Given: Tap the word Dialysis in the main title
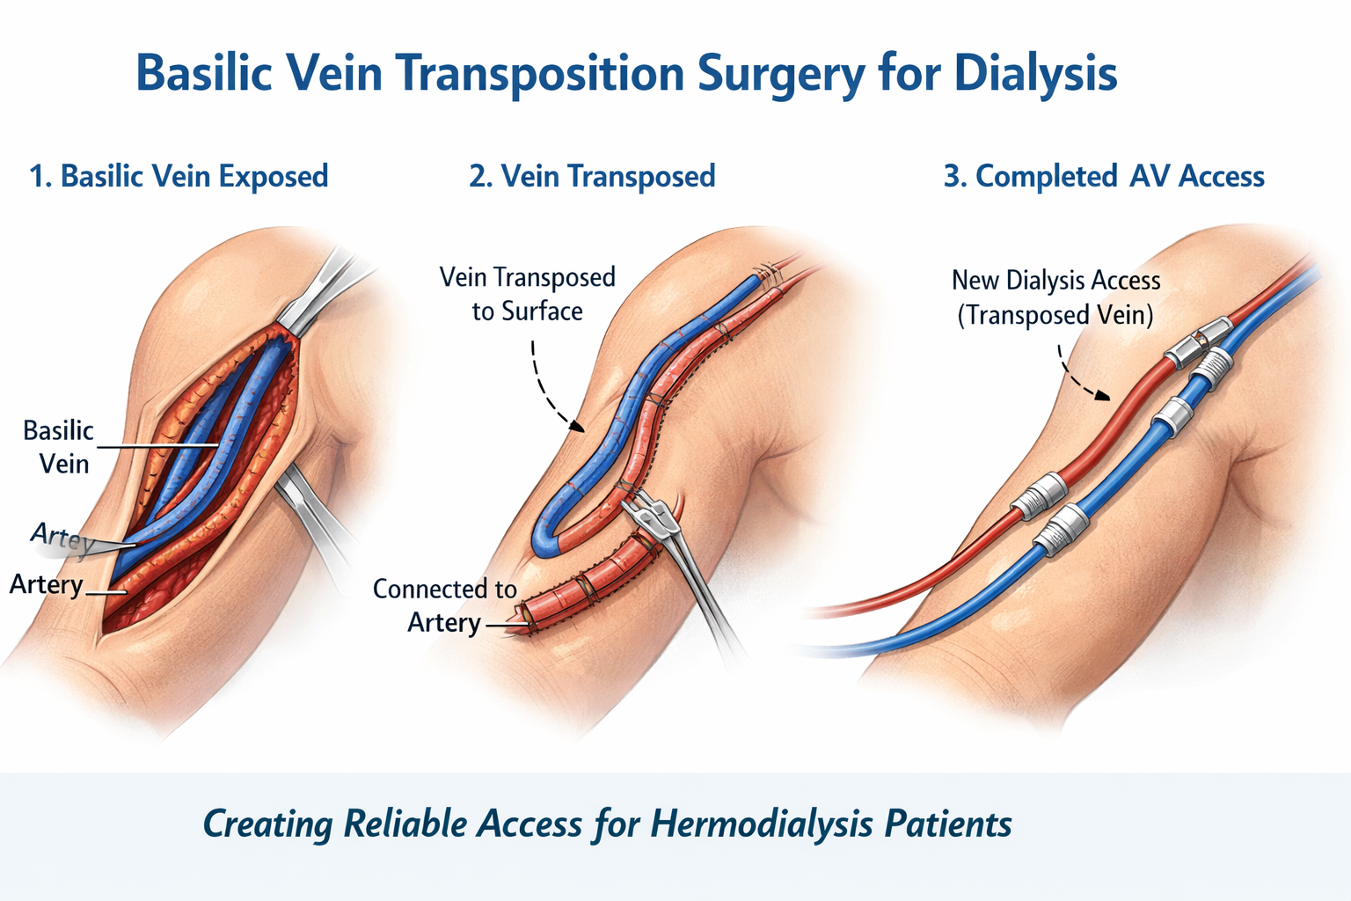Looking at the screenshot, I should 1035,74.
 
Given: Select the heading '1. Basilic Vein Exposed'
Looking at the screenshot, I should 179,176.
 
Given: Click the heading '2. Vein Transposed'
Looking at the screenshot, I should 592,176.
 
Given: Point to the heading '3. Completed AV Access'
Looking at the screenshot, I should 1104,176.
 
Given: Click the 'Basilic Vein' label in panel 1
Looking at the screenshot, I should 59,447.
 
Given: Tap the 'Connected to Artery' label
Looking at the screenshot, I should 444,605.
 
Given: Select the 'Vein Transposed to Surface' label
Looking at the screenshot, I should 528,294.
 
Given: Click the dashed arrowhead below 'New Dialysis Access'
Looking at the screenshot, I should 1101,395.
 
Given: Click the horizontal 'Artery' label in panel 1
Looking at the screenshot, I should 47,584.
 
